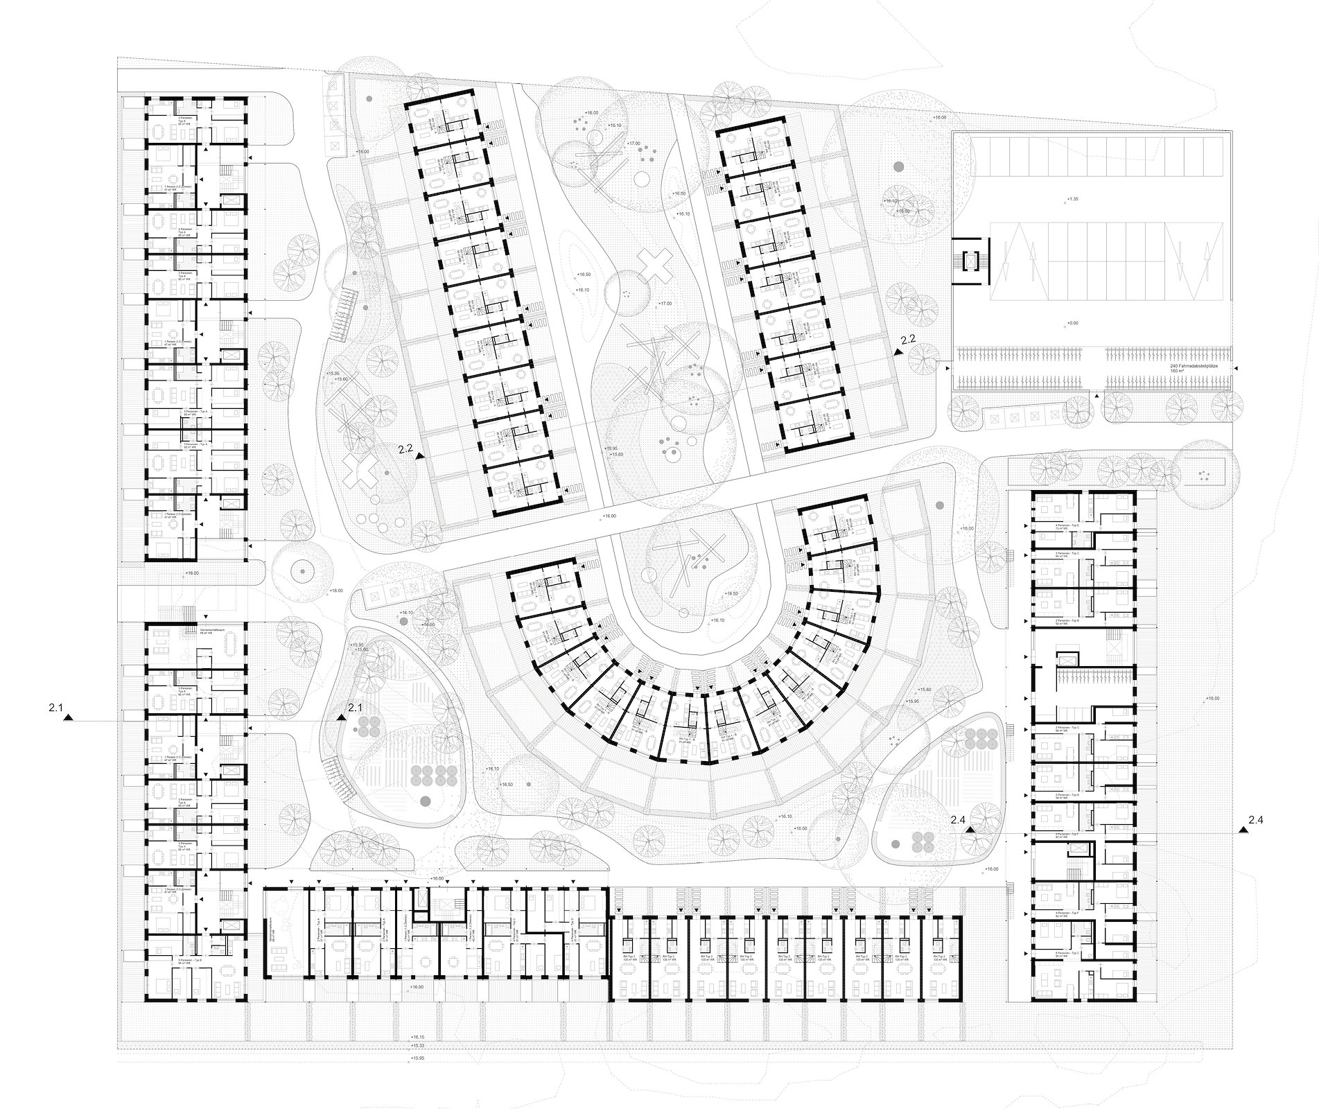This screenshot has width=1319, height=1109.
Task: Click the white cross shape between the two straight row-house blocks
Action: (655, 265)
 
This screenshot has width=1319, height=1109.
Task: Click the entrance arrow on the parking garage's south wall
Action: (1097, 394)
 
